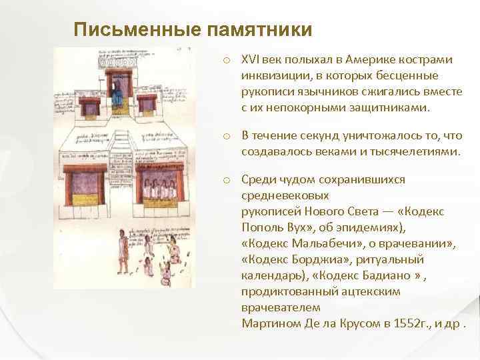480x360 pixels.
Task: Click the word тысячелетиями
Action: coord(417,151)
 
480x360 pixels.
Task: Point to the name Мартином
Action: coord(265,323)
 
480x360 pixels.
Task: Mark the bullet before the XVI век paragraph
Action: coord(227,61)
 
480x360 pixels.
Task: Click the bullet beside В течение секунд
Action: coord(227,137)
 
